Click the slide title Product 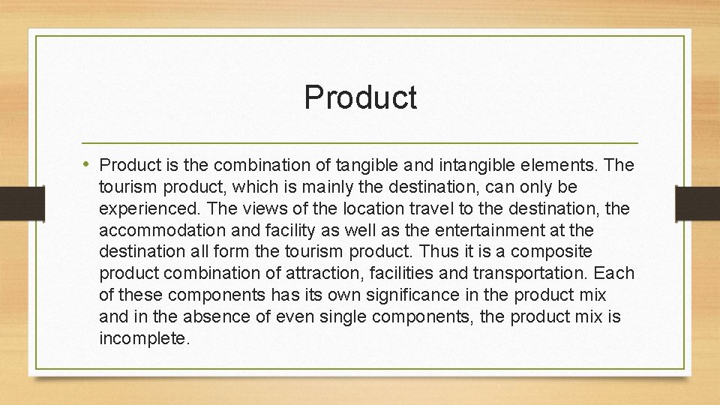pyautogui.click(x=360, y=97)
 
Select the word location pyautogui.click(x=348, y=207)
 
